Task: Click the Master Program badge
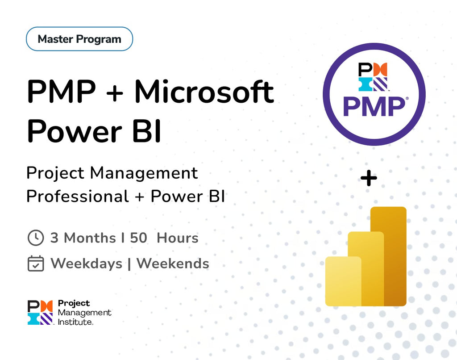point(79,39)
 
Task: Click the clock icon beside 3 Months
point(36,238)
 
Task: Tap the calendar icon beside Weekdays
point(36,264)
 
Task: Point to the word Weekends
point(173,264)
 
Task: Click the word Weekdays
point(86,264)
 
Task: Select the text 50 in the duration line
point(138,238)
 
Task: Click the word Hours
point(178,238)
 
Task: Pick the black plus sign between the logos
point(369,179)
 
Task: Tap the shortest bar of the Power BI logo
point(343,281)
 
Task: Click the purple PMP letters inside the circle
point(374,107)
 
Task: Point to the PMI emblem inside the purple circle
point(373,77)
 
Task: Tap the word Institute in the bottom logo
point(75,321)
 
